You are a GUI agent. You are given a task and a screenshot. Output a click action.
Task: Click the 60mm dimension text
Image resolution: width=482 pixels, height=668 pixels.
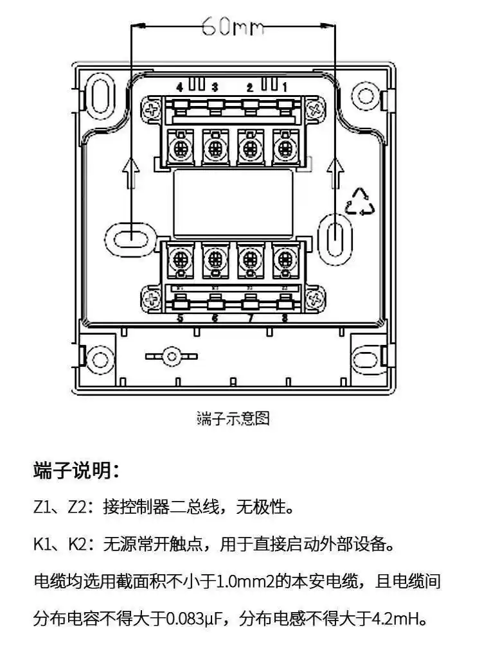233,27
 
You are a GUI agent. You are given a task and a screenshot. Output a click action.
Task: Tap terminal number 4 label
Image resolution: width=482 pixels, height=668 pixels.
180,87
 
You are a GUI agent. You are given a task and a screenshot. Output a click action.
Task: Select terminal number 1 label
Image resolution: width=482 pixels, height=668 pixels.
285,87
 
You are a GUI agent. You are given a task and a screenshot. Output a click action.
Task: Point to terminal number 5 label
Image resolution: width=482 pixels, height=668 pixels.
180,318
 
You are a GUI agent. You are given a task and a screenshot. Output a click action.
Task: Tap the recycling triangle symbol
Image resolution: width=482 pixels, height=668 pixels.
360,202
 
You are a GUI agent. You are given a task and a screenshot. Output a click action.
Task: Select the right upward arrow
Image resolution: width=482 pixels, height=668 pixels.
334,173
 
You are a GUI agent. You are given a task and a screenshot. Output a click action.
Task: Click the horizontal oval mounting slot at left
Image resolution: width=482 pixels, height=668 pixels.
131,236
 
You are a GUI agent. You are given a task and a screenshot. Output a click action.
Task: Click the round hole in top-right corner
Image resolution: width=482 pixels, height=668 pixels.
366,96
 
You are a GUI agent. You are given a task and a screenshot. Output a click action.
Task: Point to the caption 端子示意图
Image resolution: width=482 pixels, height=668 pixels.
233,419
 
